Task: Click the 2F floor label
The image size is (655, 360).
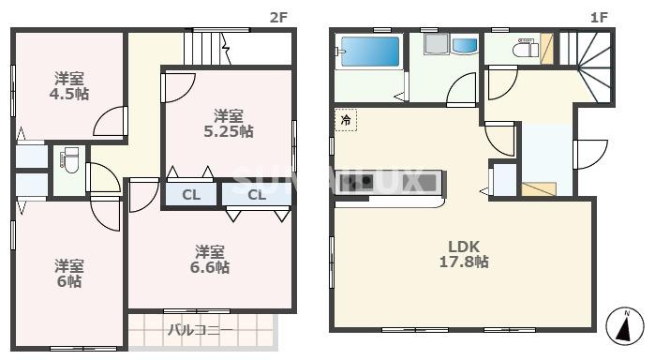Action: pyautogui.click(x=277, y=16)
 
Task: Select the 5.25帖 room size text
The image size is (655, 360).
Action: pyautogui.click(x=229, y=131)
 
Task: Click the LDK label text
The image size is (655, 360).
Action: pyautogui.click(x=463, y=247)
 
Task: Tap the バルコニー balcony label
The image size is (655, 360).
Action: pyautogui.click(x=200, y=330)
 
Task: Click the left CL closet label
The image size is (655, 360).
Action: pyautogui.click(x=190, y=195)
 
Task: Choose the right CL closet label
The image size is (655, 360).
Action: pyautogui.click(x=257, y=195)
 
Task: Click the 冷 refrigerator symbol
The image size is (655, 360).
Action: pyautogui.click(x=346, y=120)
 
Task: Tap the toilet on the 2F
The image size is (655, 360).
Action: pyautogui.click(x=68, y=165)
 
